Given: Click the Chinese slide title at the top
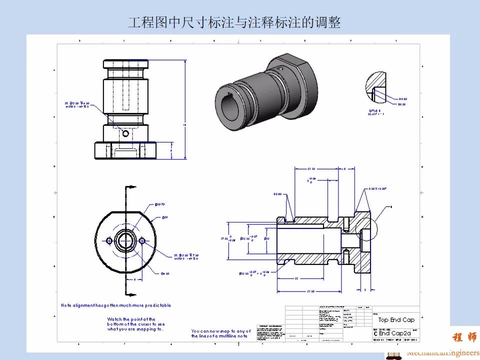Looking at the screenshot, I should [234, 22].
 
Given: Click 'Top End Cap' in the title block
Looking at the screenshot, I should [396, 320].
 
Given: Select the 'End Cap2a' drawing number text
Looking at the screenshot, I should [394, 333].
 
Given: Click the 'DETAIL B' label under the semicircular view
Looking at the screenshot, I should [374, 111].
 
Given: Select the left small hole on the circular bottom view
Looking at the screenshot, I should [109, 241].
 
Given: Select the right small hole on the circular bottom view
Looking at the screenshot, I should [142, 241].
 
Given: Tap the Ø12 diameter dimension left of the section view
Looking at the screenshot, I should [266, 238].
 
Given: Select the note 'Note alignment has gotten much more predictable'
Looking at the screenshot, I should [115, 305].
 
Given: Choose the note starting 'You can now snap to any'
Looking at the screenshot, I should [221, 333].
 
